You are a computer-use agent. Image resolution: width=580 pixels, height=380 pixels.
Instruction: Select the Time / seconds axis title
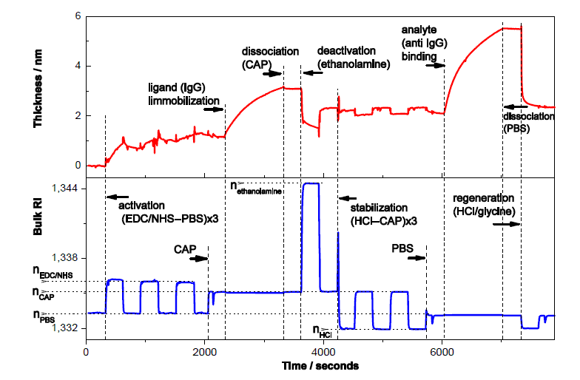[323, 366]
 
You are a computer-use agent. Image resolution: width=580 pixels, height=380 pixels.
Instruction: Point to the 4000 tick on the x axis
[323, 352]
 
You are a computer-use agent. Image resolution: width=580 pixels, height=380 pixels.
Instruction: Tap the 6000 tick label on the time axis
[442, 352]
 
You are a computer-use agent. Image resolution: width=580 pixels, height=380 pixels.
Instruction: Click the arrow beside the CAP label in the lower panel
[198, 258]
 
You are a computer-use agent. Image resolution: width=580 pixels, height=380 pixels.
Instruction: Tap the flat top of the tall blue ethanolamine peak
[310, 183]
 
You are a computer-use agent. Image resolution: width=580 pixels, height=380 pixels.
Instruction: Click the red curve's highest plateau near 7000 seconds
[511, 28]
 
